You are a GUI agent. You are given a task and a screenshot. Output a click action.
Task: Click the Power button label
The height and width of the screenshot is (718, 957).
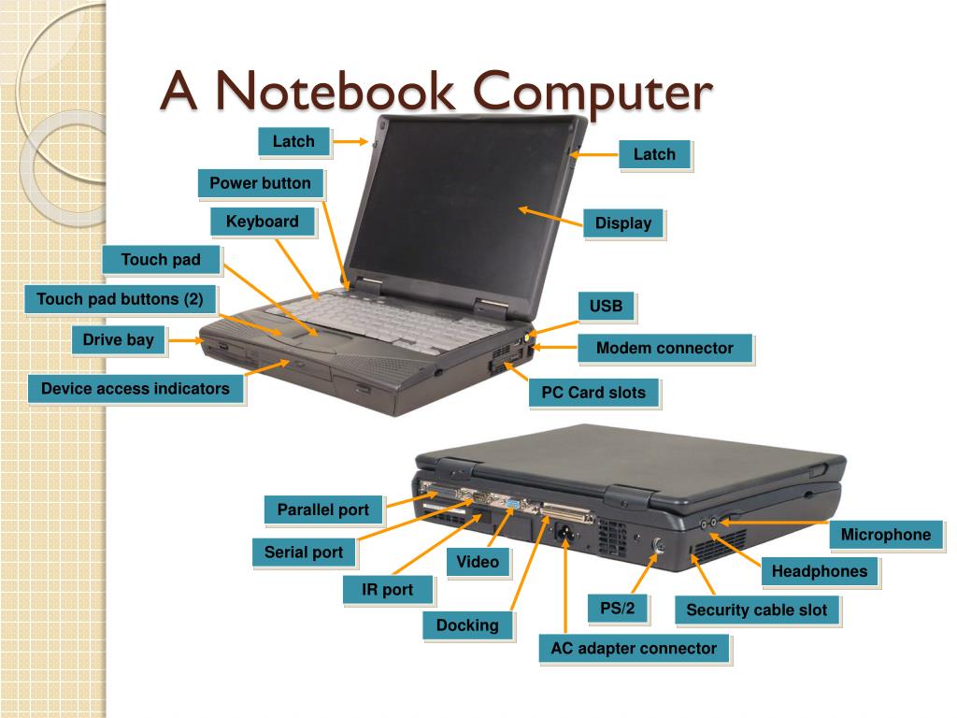tap(260, 183)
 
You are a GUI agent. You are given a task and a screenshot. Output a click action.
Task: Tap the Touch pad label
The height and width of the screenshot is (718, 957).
tap(161, 260)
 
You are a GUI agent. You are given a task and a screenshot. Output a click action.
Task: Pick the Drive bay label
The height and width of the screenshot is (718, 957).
tap(118, 339)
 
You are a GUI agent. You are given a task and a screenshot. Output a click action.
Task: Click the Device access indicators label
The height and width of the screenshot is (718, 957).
tap(136, 389)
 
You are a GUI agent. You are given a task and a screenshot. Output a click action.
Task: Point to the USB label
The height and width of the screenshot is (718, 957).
tap(606, 306)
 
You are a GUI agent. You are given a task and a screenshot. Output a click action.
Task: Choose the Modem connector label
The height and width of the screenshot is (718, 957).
tap(664, 348)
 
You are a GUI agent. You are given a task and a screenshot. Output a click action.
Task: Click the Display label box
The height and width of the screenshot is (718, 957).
tap(622, 223)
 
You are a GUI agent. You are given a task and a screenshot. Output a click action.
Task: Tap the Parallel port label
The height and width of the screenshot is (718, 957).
tap(323, 510)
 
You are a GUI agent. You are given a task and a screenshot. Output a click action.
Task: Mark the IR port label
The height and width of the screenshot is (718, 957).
tap(386, 591)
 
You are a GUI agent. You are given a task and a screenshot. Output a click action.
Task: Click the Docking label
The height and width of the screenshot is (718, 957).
tap(467, 625)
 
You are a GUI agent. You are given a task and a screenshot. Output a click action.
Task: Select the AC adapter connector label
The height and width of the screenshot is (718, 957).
tap(634, 648)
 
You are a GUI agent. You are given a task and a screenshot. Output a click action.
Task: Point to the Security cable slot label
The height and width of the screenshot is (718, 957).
tap(757, 610)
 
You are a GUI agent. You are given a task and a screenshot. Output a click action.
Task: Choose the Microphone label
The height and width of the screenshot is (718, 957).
tap(886, 535)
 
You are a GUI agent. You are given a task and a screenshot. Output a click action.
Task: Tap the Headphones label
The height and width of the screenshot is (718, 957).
tap(820, 571)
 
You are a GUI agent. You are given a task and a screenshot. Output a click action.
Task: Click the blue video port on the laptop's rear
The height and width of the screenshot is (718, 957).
tap(512, 505)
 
